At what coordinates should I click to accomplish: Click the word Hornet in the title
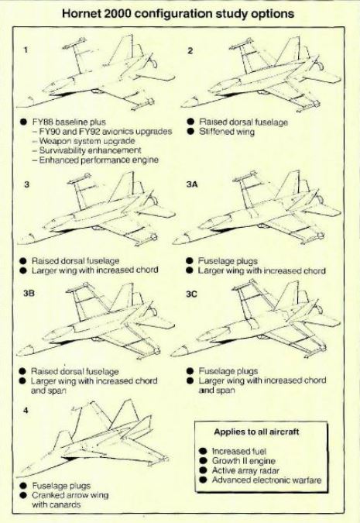coord(83,14)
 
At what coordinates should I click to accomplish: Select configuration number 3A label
coord(192,184)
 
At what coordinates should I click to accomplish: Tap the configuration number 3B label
coord(29,293)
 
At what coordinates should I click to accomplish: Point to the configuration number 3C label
coord(191,294)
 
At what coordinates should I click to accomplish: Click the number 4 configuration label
coord(26,411)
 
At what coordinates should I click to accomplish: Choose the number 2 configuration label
coord(190,50)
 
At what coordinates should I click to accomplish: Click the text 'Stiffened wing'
coord(227,132)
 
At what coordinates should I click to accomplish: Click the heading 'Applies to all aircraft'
coord(256,432)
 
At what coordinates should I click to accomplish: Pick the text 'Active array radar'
coord(245,470)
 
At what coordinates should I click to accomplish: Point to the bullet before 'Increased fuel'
coord(203,451)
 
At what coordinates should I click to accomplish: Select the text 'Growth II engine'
coord(244,461)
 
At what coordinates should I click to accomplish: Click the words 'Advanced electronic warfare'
coord(266,480)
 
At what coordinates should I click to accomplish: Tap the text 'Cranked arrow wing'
coord(70,495)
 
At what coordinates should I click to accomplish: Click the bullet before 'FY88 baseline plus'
coord(23,122)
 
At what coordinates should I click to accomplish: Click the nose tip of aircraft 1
coord(17,107)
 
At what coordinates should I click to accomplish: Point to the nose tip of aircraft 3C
coord(170,356)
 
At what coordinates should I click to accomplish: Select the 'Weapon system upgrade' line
coord(87,141)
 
